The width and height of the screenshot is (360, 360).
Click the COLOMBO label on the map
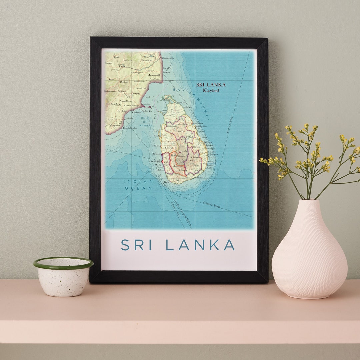coord(155,161)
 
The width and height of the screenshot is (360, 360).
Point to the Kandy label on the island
coord(183,151)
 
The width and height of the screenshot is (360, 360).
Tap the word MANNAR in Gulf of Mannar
coord(146,125)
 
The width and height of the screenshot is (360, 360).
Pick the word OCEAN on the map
coord(138,188)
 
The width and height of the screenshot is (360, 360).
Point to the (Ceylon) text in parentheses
coord(211,90)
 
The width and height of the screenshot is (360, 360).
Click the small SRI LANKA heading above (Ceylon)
coord(211,85)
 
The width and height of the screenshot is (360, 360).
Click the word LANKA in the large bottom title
coord(200,245)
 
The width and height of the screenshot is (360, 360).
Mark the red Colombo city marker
coord(162,162)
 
